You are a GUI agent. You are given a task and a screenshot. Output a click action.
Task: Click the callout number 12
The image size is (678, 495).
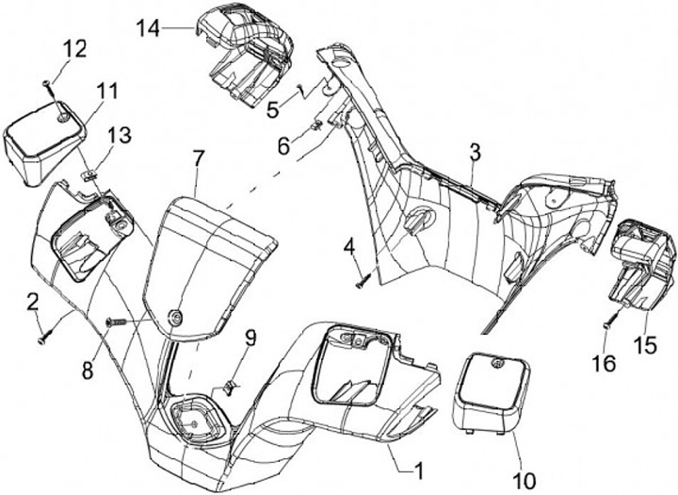pos(74,47)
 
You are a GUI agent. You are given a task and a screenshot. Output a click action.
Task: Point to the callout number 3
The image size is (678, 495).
pos(475,151)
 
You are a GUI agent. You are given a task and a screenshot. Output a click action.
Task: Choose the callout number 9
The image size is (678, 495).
pos(250,338)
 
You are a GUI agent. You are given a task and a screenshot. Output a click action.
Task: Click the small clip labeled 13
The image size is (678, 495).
pos(88,174)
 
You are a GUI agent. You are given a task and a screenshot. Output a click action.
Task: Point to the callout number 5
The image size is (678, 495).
pos(273,109)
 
